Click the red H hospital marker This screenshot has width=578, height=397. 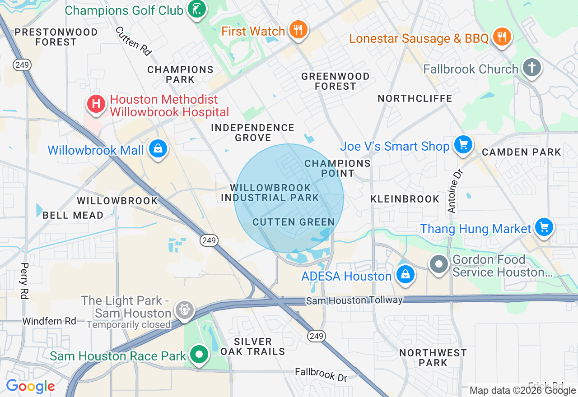(96, 104)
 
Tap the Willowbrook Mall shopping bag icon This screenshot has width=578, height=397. (158, 148)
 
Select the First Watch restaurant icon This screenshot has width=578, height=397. (298, 30)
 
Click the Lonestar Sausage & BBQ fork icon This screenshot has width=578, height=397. (501, 36)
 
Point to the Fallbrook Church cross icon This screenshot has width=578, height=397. (532, 68)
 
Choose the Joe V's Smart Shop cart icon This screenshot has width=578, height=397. (463, 145)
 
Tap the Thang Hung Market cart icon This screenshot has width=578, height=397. (544, 227)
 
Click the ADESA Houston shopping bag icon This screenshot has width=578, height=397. (405, 274)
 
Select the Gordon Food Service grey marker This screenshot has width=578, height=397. (438, 264)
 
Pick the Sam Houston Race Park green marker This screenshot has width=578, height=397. (198, 354)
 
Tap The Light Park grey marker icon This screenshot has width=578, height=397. (185, 310)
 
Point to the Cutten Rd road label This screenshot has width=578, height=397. (133, 41)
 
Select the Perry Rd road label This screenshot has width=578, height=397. (24, 281)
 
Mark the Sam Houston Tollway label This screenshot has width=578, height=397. (354, 300)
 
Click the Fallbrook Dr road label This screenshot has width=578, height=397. (321, 374)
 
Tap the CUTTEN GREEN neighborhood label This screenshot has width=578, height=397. (294, 222)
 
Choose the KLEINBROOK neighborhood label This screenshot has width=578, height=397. (405, 199)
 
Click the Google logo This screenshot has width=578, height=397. (30, 386)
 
